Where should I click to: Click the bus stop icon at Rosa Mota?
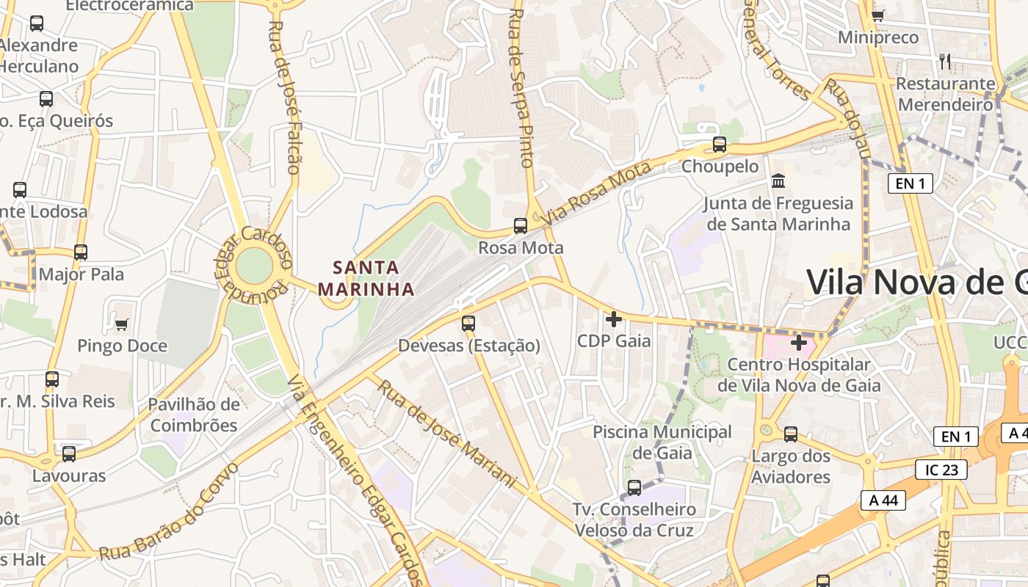coord(521,225)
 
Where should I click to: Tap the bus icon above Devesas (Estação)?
coord(468,323)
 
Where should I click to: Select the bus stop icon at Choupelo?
coord(720,145)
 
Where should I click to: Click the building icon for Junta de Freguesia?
coord(778,181)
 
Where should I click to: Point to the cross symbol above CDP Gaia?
coord(614,319)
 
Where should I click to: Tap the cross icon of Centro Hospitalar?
coord(799,343)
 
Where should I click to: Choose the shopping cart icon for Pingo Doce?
coord(122,324)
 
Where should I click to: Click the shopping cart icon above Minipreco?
coord(877,15)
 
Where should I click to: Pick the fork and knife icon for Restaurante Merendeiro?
coord(945,62)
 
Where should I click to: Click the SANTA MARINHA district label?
coord(366,278)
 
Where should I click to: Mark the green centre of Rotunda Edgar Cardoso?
coord(254,266)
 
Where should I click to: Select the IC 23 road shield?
coord(941,470)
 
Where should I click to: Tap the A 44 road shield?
coord(883,500)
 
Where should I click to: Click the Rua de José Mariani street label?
coord(447,433)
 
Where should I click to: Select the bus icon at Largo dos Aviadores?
coord(791,434)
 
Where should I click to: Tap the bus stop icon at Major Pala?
coord(81,252)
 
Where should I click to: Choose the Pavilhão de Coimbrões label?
coord(194,415)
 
